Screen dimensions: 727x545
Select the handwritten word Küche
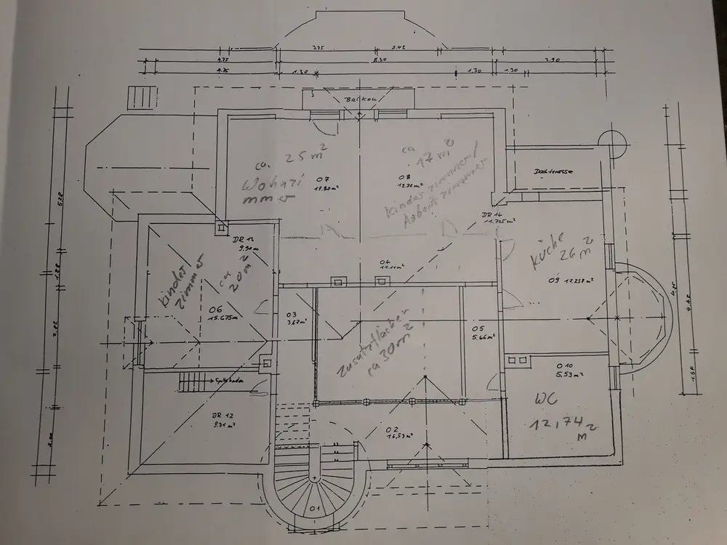click(547, 249)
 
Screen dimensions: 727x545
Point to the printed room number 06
click(215, 308)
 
